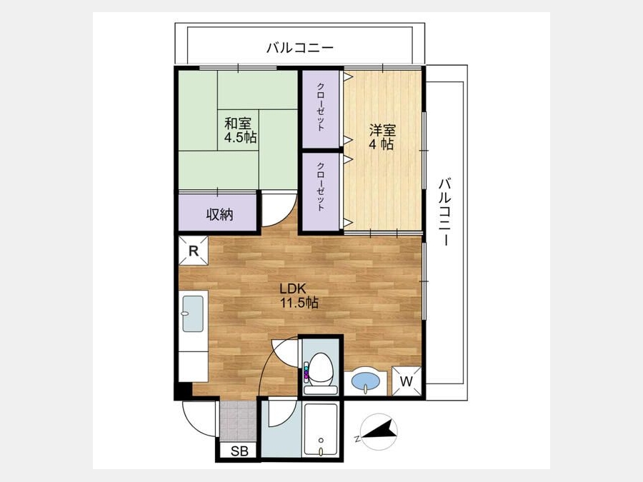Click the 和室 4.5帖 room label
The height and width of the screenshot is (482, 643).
point(240,130)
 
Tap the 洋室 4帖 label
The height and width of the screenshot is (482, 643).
point(382,137)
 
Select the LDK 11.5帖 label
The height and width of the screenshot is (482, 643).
point(299,296)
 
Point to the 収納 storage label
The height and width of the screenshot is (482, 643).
point(219,214)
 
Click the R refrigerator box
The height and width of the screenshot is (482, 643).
point(194,251)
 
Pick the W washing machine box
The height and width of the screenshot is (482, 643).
point(407,381)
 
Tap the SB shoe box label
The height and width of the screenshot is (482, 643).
point(239,451)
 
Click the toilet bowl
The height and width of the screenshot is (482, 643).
point(320,370)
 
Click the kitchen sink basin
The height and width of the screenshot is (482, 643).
point(193,313)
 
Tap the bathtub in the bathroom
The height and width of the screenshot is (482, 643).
point(321,430)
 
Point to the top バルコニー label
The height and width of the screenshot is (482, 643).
point(300,48)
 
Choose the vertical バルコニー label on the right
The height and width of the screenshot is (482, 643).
point(445,212)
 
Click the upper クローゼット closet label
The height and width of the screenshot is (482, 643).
point(321,106)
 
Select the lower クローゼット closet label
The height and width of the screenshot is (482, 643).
point(321,186)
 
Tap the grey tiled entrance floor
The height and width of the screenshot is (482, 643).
point(238,421)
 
